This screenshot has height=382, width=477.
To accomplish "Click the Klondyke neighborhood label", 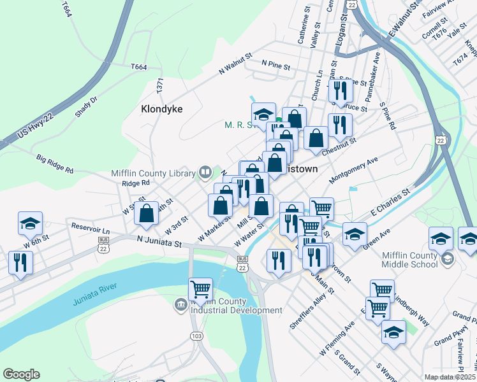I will (x=161, y=109).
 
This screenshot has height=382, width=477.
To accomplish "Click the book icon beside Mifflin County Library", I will (x=205, y=171).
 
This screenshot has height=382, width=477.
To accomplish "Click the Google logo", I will (x=21, y=374).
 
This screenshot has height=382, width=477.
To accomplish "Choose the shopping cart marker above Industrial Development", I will (x=201, y=290).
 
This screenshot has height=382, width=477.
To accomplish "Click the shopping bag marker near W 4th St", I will (x=147, y=213).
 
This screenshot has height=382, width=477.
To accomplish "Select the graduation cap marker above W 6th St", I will (x=30, y=223).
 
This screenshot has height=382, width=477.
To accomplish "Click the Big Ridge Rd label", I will (x=55, y=166).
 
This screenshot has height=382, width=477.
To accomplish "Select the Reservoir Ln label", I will (x=91, y=228).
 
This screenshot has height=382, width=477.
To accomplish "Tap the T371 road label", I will (x=161, y=87).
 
